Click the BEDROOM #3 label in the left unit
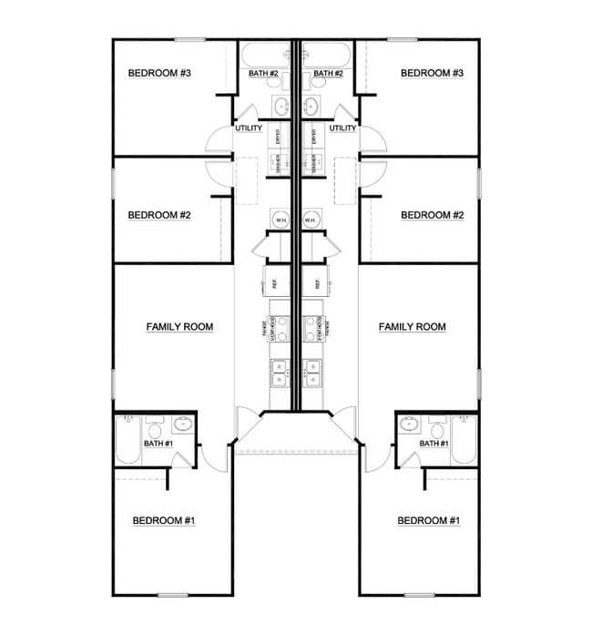coord(159,73)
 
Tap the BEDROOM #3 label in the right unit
coord(433,73)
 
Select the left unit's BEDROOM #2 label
coord(159,215)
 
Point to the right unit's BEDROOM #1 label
coord(428,520)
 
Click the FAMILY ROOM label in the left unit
coord(179,326)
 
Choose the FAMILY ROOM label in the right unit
coord(412,326)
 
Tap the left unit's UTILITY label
coord(249,128)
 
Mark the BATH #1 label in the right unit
coord(433,443)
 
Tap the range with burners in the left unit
coord(281,328)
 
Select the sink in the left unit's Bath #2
coord(280,107)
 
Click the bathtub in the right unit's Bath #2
coord(325,53)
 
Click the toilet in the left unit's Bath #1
coord(154,429)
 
